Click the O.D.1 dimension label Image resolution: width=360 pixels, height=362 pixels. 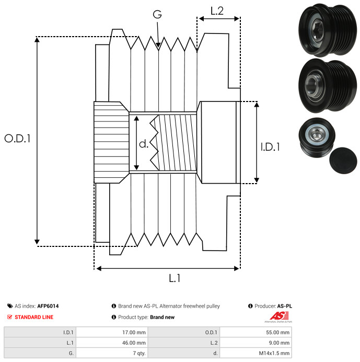tap(18, 139)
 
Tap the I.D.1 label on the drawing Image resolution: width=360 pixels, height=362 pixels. tap(270, 147)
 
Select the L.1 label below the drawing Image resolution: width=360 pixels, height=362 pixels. tap(175, 279)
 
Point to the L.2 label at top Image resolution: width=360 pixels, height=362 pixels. tap(217, 10)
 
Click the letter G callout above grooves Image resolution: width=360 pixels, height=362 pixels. tap(157, 15)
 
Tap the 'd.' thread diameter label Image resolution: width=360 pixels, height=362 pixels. tap(144, 143)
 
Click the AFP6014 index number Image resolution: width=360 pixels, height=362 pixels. tap(52, 306)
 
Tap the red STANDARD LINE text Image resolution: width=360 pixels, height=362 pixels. tap(34, 317)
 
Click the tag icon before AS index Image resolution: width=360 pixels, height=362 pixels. tap(10, 306)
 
